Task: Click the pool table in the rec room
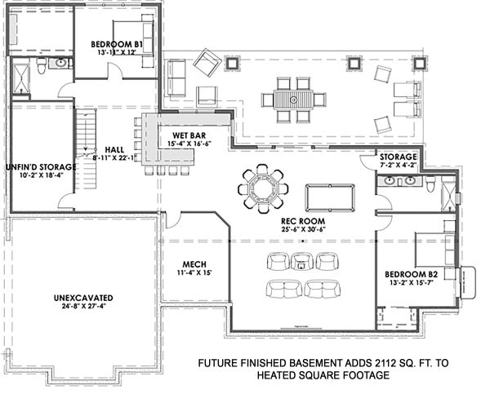click(x=330, y=198)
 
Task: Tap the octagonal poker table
click(x=263, y=189)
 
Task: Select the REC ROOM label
click(x=303, y=221)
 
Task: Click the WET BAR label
click(x=189, y=135)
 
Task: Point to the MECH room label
click(x=194, y=264)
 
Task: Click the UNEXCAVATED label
click(x=83, y=298)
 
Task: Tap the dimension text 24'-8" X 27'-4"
click(x=83, y=306)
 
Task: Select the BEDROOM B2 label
click(x=412, y=274)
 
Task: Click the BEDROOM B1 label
click(x=117, y=44)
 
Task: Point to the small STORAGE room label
click(x=399, y=157)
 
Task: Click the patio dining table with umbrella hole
click(x=293, y=100)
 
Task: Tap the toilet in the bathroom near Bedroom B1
click(x=42, y=65)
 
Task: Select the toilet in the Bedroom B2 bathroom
click(x=431, y=184)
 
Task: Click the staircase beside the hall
click(x=86, y=149)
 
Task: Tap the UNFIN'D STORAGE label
click(x=41, y=167)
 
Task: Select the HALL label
click(x=114, y=150)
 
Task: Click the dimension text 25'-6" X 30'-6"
click(x=303, y=229)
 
